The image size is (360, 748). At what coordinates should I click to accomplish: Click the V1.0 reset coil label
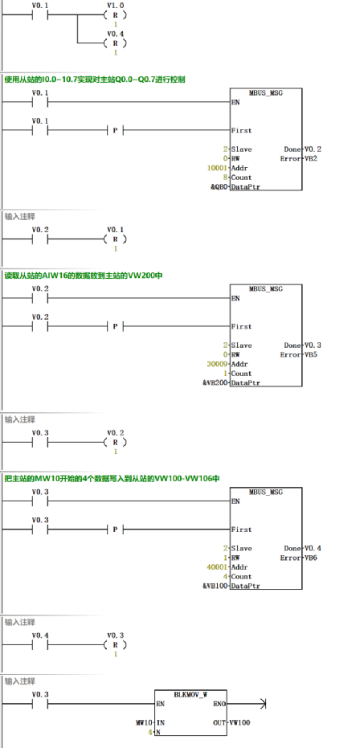115,5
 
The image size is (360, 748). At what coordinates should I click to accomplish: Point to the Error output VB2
311,159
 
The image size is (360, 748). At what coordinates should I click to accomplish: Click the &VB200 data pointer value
214,383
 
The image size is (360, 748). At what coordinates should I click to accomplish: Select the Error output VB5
311,354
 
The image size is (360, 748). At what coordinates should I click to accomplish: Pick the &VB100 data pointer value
214,587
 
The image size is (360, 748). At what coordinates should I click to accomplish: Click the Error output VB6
311,558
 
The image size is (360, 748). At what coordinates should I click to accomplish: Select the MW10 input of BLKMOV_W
144,723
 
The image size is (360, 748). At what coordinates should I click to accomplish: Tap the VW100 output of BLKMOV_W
240,723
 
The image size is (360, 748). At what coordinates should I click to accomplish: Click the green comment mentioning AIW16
84,276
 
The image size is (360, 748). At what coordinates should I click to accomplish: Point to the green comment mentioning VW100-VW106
112,479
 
